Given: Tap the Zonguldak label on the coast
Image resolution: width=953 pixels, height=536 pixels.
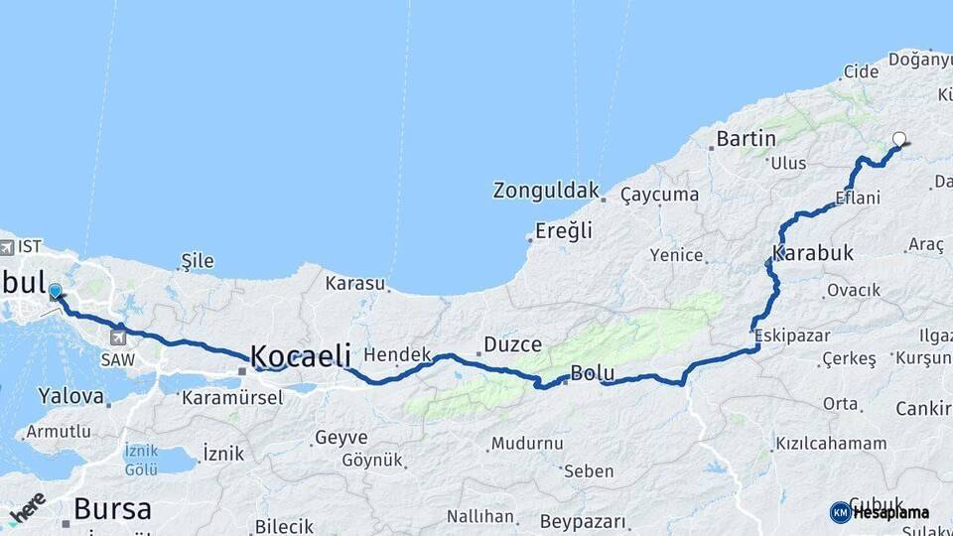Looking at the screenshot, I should point(547,190).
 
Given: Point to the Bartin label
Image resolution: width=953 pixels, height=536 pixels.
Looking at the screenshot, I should point(746,138).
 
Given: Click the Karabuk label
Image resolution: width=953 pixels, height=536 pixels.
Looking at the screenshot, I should point(813,253).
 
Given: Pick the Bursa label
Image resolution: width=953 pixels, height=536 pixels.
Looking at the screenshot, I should point(112,510).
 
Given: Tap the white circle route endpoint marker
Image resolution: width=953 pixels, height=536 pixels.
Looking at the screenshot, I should point(899,139).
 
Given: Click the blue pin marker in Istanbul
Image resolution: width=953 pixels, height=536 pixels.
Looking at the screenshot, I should point(56,292).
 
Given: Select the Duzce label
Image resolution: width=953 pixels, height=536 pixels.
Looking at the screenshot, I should point(512,345).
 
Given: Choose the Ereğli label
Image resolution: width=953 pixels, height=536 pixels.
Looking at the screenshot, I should point(564,231).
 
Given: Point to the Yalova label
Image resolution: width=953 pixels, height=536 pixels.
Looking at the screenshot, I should point(70,396).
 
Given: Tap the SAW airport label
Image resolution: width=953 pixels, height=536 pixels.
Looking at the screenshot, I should point(117,358).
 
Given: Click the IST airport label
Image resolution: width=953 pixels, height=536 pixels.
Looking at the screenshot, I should point(29,244).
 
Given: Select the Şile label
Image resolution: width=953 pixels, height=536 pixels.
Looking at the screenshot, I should point(198,261).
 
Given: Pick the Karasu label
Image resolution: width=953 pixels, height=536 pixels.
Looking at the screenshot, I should point(354,283).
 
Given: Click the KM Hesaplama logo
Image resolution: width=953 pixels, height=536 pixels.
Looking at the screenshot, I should point(880,512).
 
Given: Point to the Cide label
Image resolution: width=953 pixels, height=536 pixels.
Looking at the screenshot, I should point(861,71).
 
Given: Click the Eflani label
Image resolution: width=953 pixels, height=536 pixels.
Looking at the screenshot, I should point(858,198).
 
